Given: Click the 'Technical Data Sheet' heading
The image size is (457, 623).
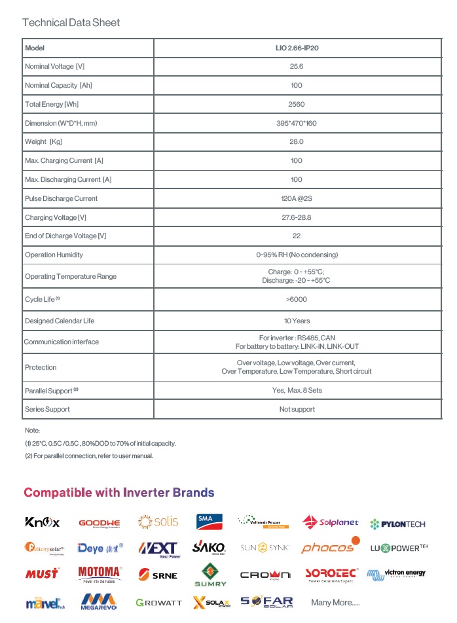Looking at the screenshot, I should [x=71, y=23].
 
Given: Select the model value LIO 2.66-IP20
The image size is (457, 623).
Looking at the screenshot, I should [x=297, y=48].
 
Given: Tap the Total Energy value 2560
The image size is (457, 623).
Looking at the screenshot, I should [x=297, y=105].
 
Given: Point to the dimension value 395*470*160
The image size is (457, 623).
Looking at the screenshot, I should [x=297, y=124].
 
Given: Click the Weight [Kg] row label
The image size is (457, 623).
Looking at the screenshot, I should [x=45, y=142].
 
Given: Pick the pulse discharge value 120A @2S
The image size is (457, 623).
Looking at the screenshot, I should [x=297, y=199].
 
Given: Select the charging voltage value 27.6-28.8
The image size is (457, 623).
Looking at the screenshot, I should [x=297, y=217].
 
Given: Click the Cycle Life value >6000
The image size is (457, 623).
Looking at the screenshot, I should [x=297, y=300].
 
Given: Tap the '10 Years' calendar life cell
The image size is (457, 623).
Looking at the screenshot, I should [x=297, y=321].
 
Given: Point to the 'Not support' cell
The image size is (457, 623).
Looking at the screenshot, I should [x=297, y=410].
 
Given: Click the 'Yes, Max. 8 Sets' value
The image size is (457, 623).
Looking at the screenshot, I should [x=297, y=391].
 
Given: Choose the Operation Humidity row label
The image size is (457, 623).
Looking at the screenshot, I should [x=54, y=255].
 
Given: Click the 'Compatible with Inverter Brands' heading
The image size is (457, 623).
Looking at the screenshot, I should [x=119, y=493].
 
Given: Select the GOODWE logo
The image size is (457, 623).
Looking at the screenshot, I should [x=100, y=523].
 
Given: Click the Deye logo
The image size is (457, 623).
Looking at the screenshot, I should [x=100, y=548].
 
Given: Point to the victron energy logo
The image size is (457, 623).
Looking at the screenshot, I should [x=396, y=574].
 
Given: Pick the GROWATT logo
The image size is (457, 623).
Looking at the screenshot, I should [x=159, y=603].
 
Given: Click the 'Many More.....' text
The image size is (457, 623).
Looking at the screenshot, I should [x=335, y=603].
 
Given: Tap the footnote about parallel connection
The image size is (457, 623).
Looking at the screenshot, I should [x=89, y=456].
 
